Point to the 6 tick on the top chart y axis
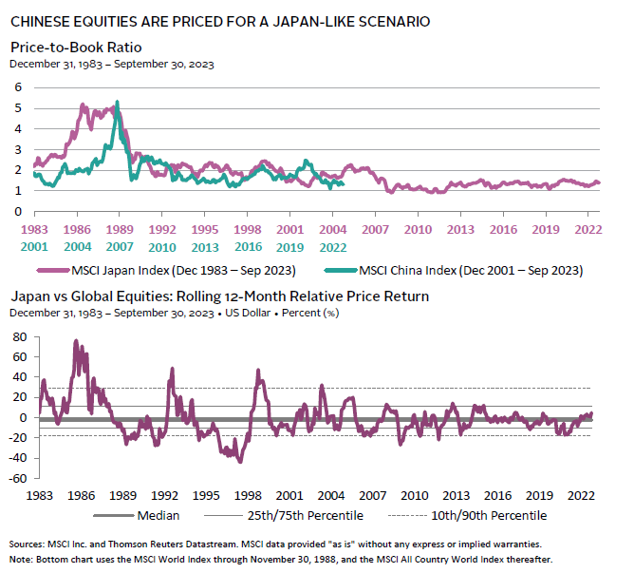point(16,86)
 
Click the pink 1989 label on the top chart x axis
point(118,229)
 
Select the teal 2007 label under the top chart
point(118,247)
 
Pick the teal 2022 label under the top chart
point(330,247)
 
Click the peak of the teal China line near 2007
point(117,102)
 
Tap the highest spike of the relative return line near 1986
point(76,340)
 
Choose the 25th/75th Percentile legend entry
point(295,517)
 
